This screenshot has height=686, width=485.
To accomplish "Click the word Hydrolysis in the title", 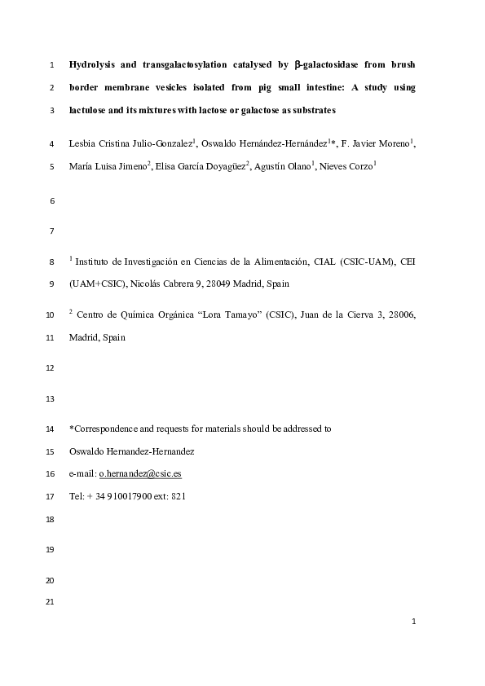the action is [93, 64].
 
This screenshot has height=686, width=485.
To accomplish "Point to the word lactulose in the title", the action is [90, 109].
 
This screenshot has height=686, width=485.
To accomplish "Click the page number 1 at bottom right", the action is [414, 622].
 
